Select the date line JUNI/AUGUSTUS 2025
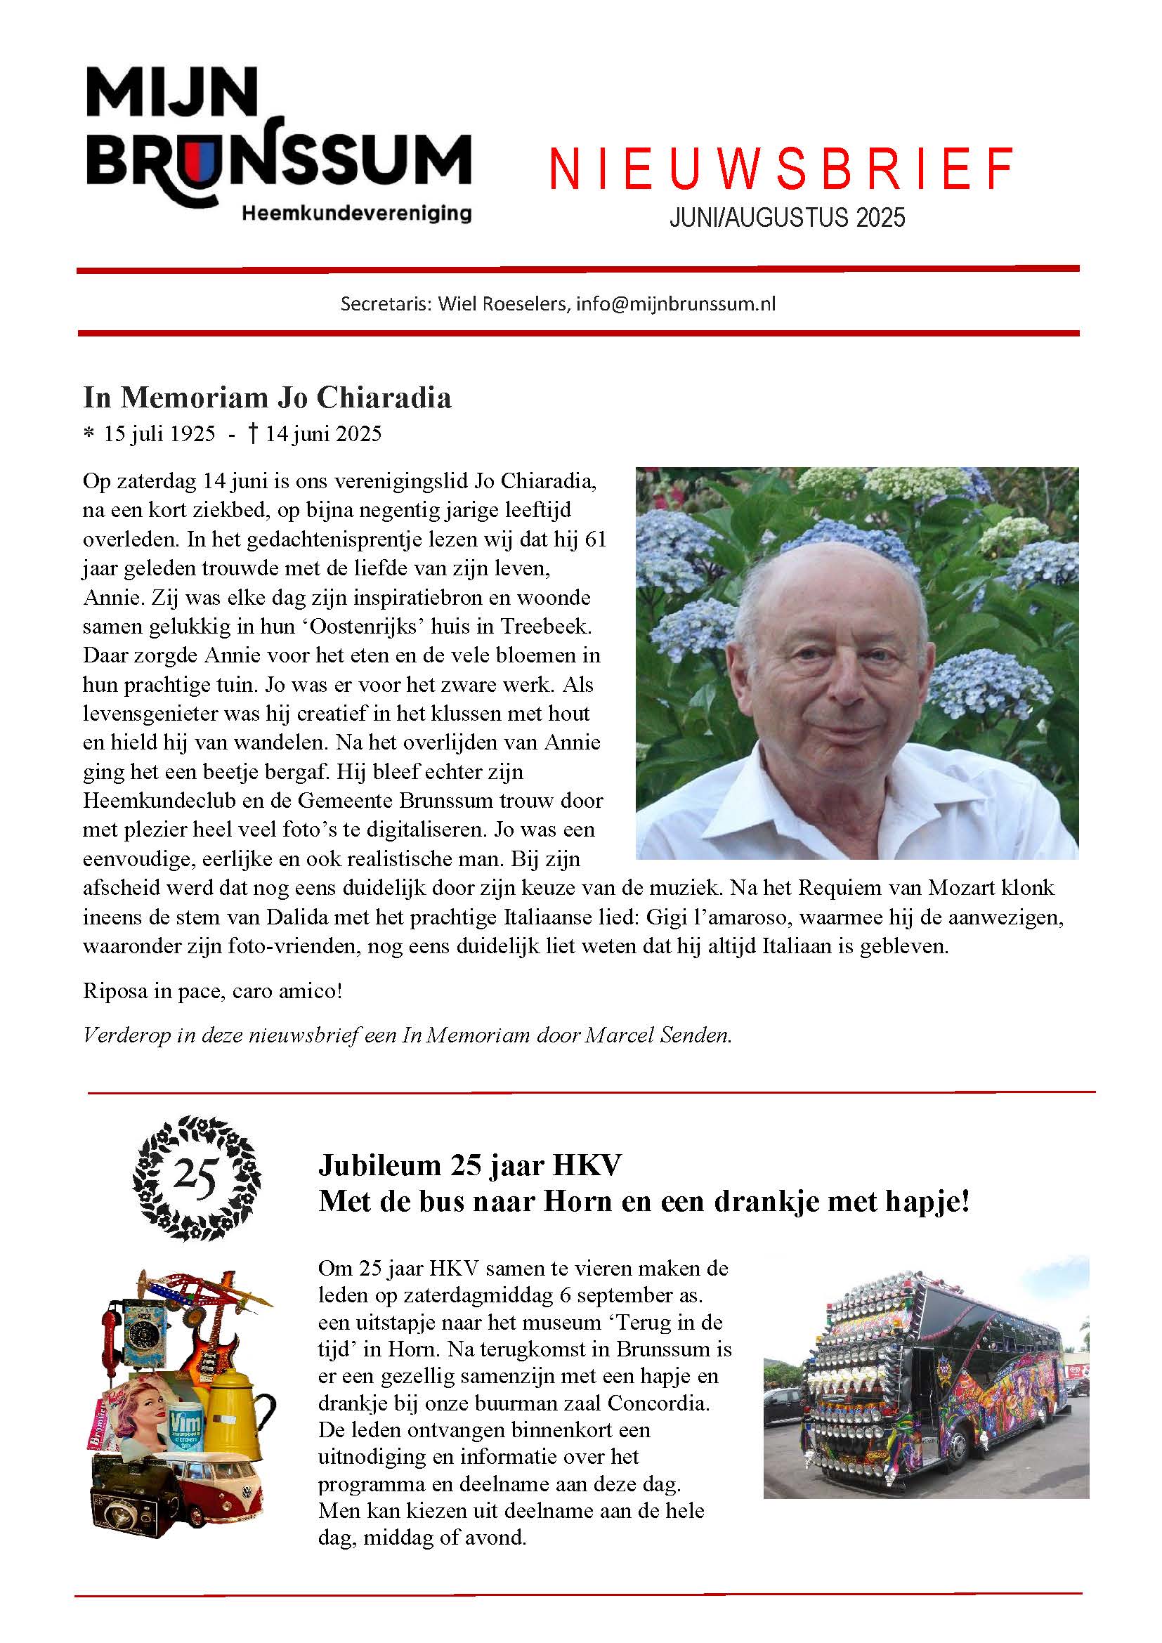coord(787,217)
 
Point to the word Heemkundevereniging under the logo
coord(356,213)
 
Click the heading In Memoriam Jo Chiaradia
coord(267,397)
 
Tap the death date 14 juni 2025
coord(322,433)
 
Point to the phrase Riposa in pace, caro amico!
coord(212,991)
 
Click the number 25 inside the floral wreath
coord(195,1177)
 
